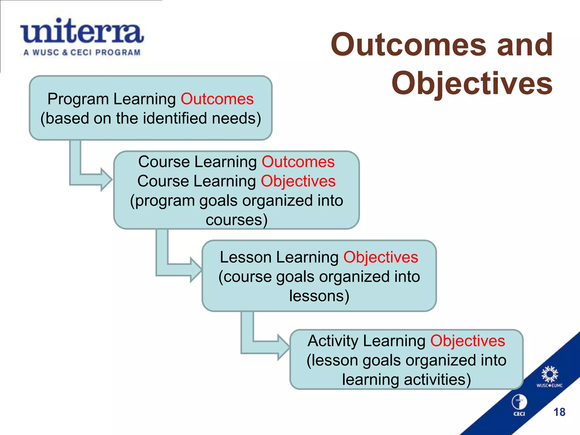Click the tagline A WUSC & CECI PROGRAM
(82, 52)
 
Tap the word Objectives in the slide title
(472, 83)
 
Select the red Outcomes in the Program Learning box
(217, 99)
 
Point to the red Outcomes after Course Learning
(298, 162)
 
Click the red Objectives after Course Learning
(298, 181)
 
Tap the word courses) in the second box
(236, 220)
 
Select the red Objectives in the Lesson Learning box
(381, 257)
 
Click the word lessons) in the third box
(319, 296)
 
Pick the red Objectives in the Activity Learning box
(468, 341)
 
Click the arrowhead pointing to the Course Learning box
(106, 180)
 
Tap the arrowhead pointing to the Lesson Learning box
(196, 270)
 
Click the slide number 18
(559, 412)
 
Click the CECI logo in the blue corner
(519, 405)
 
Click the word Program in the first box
(78, 99)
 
